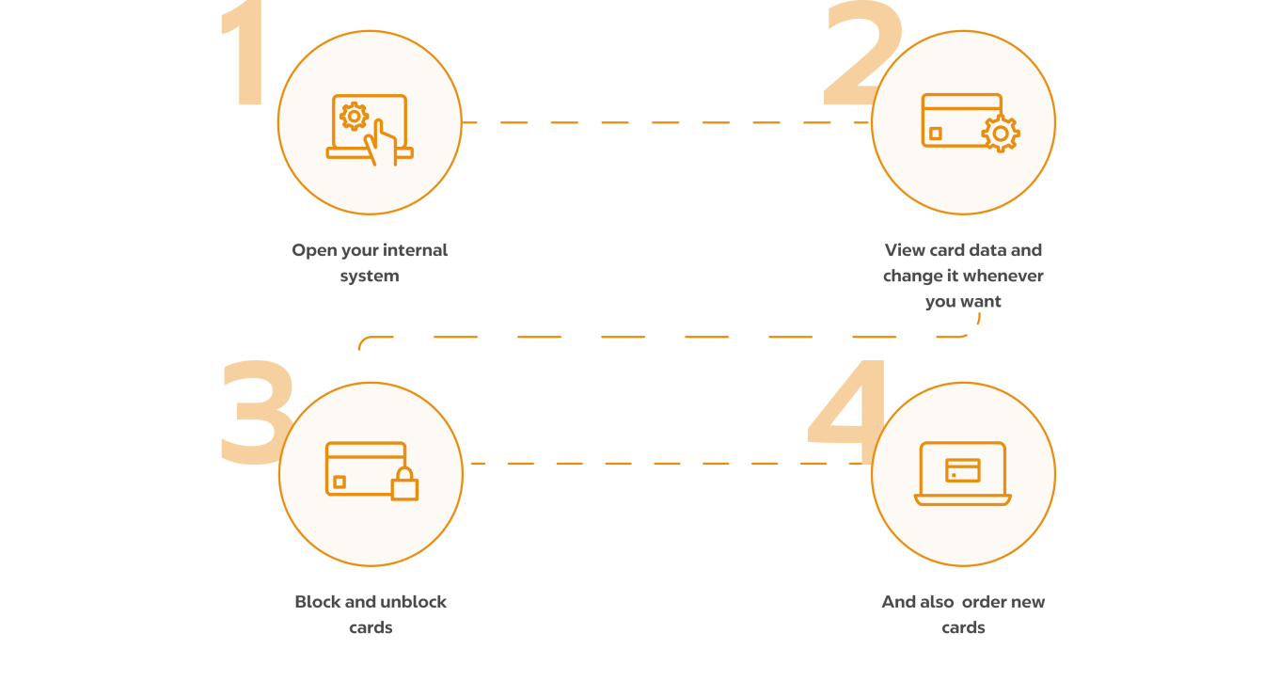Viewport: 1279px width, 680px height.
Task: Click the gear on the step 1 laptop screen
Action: pyautogui.click(x=354, y=116)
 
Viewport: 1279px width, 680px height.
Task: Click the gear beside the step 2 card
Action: pyautogui.click(x=1000, y=134)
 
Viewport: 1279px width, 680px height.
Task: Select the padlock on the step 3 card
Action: pyautogui.click(x=404, y=483)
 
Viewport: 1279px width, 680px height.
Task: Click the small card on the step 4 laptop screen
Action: pyautogui.click(x=962, y=469)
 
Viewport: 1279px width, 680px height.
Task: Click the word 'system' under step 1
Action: pyautogui.click(x=370, y=277)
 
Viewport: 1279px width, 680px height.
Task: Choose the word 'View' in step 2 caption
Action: pyautogui.click(x=905, y=250)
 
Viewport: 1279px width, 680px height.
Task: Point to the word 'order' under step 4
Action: pyautogui.click(x=984, y=602)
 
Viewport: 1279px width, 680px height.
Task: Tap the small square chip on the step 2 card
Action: pyautogui.click(x=935, y=134)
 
